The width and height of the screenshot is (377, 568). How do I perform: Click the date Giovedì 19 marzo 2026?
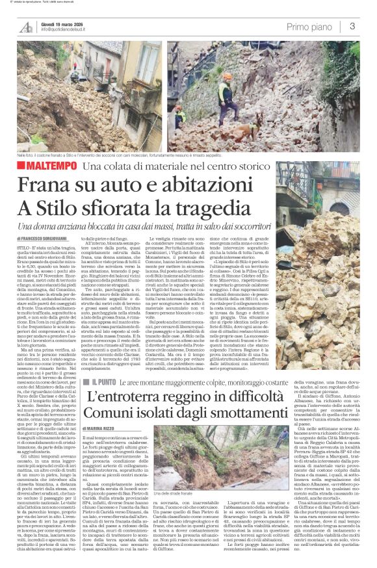(65, 23)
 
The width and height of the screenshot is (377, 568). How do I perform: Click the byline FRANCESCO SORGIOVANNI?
(67, 239)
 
